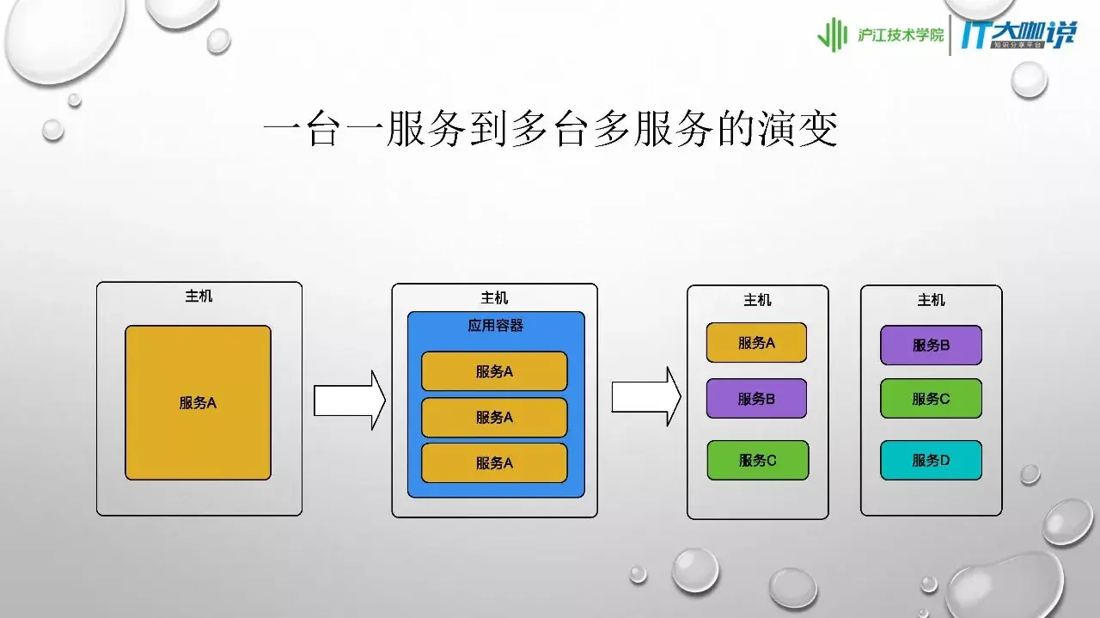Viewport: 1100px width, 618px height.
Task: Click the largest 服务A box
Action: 198,402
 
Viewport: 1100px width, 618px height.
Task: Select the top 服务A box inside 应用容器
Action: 494,371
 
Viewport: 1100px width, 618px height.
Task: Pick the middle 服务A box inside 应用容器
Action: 494,417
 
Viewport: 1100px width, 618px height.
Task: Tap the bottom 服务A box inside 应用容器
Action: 494,462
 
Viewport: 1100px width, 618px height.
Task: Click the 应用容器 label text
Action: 496,326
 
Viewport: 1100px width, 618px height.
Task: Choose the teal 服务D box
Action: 931,460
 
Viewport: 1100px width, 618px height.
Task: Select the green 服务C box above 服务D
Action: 931,399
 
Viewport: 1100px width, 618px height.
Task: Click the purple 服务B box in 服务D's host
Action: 931,345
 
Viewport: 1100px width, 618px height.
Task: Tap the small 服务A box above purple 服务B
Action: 756,342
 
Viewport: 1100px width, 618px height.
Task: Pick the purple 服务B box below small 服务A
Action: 756,398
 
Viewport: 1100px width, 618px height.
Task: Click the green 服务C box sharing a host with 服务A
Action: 757,460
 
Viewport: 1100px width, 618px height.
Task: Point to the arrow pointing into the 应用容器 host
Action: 349,400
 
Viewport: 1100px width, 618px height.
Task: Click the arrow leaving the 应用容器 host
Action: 645,396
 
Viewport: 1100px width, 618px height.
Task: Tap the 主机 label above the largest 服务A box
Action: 199,297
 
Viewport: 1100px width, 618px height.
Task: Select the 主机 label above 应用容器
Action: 494,297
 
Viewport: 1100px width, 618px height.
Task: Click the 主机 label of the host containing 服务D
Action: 931,299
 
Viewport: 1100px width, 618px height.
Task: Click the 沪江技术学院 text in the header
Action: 901,35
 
